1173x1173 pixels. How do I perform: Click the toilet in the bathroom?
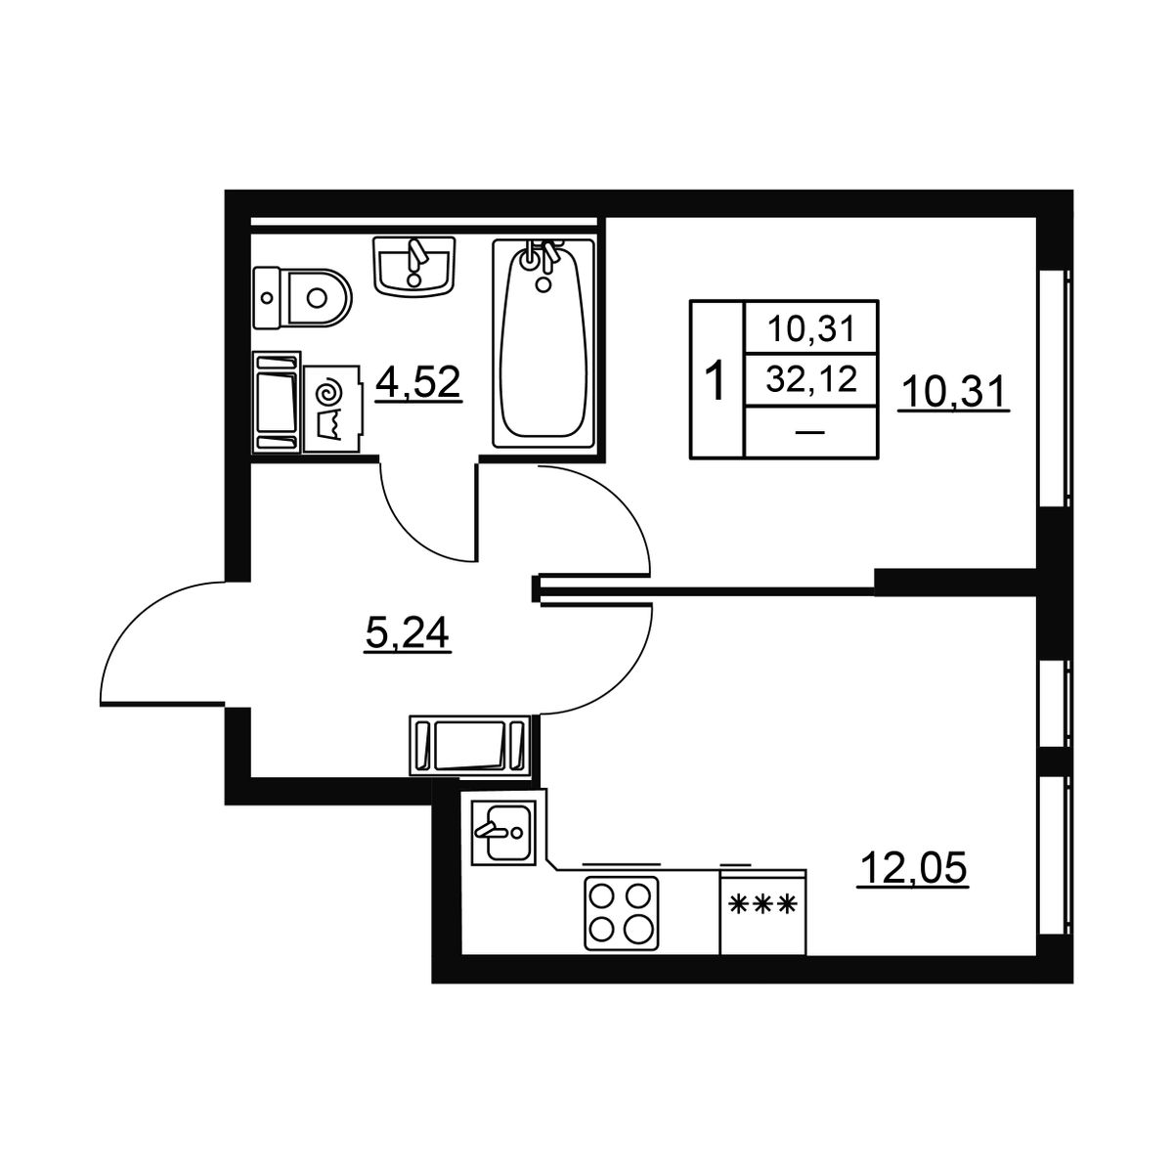click(302, 298)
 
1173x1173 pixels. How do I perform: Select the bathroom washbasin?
click(414, 266)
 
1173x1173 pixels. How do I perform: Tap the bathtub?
click(543, 344)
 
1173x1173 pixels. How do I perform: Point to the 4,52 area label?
click(418, 383)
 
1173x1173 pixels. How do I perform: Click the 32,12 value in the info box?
click(811, 379)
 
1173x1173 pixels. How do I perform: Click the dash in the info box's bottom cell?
click(810, 432)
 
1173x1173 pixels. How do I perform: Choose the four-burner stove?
click(622, 913)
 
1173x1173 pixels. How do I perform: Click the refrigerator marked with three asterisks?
click(762, 911)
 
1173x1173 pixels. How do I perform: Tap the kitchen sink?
click(503, 831)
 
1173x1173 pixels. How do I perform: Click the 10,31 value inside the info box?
click(811, 330)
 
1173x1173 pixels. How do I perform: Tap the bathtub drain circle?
click(544, 283)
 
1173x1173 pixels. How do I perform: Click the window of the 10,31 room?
click(1056, 389)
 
